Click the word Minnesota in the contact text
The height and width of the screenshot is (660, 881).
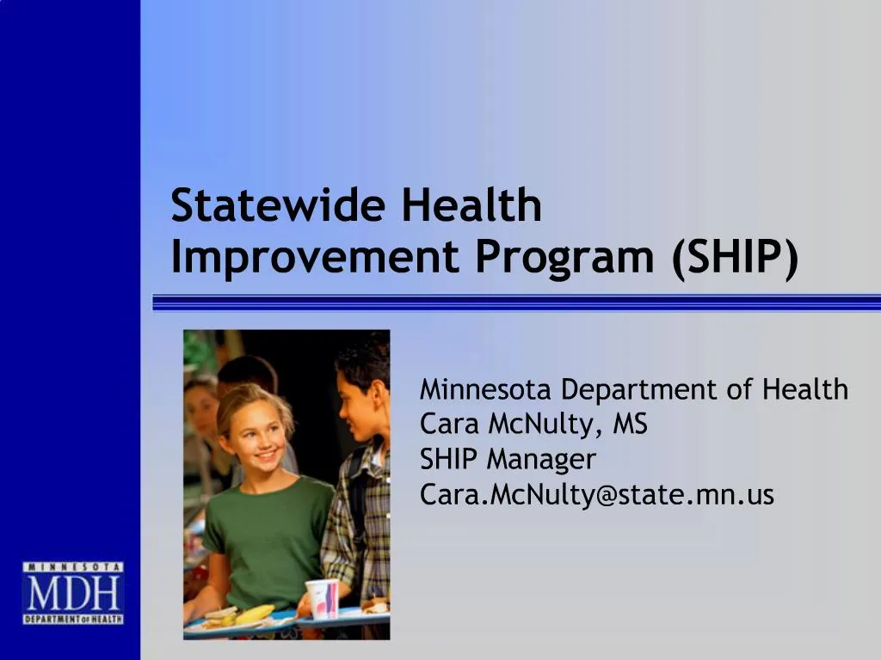[x=486, y=390]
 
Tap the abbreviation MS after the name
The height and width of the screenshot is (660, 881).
[x=630, y=425]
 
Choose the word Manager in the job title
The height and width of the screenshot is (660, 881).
[x=541, y=460]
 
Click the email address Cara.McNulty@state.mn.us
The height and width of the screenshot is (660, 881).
[x=596, y=495]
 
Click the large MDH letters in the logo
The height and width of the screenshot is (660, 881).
[x=73, y=594]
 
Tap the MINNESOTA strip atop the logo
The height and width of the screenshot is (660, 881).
[x=73, y=567]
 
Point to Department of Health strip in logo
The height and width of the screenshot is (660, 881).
[x=73, y=619]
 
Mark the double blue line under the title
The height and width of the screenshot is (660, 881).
[x=516, y=302]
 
